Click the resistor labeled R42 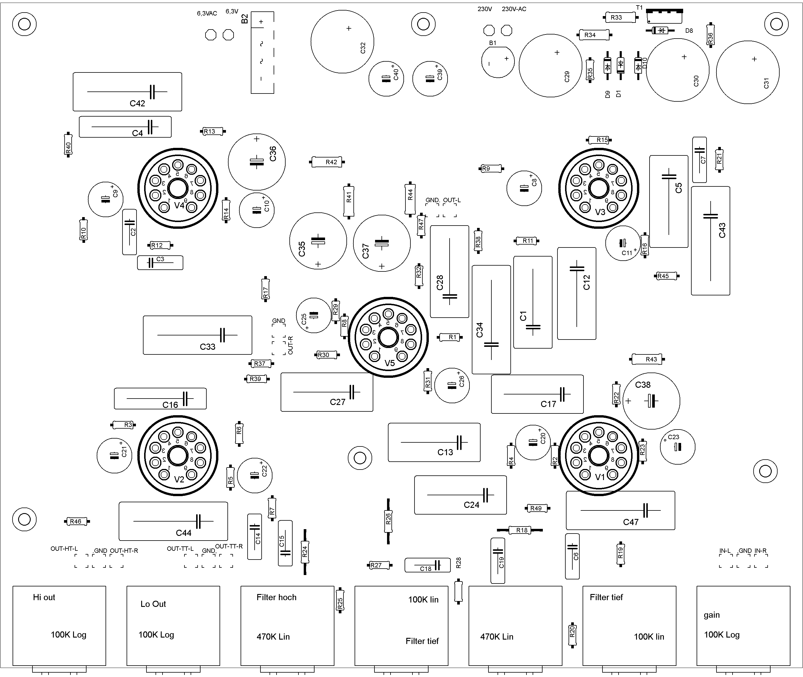(327, 162)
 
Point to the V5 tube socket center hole (388, 337)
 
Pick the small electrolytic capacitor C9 (106, 199)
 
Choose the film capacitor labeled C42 (127, 92)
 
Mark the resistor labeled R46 (76, 521)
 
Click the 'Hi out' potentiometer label (44, 597)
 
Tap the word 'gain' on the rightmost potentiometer (711, 615)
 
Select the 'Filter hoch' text (276, 597)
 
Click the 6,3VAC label (207, 13)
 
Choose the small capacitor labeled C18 (427, 565)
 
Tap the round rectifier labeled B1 (498, 62)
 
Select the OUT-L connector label (452, 200)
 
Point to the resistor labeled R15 (600, 140)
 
